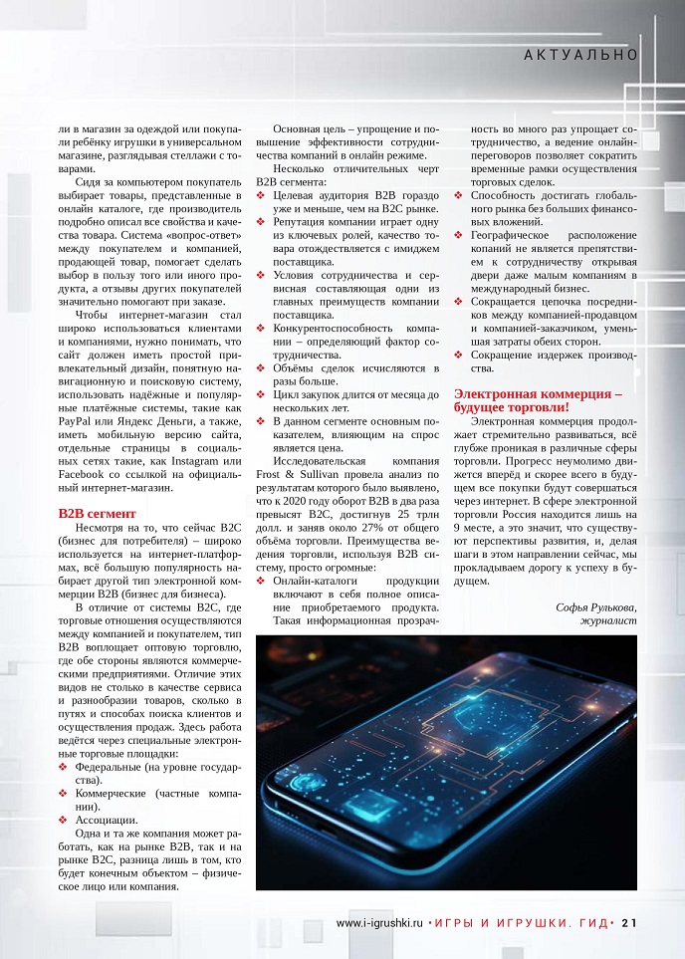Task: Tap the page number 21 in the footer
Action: tap(628, 922)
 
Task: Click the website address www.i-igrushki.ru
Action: tap(380, 922)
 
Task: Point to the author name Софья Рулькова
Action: tap(595, 606)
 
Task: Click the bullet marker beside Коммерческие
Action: tap(63, 794)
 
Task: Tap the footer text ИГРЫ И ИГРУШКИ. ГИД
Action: tap(522, 922)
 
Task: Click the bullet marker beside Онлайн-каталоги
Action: tap(260, 580)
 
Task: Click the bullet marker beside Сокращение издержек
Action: tap(458, 356)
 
